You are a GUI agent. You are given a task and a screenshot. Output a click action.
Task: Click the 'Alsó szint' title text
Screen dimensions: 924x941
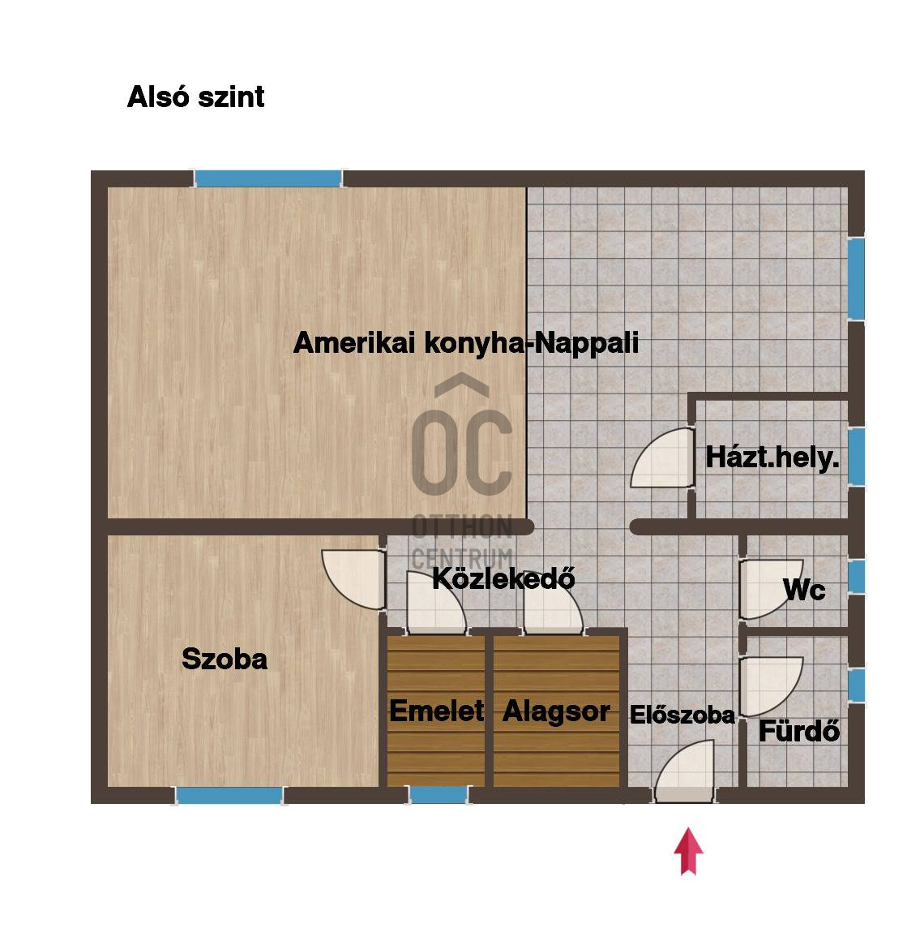coord(195,97)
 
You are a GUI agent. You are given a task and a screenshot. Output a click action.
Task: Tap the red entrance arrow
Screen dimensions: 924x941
coord(688,851)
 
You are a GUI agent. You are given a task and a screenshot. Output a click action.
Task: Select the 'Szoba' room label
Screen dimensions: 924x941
coord(225,659)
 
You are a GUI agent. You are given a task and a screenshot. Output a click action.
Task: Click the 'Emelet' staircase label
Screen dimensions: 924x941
coord(437,711)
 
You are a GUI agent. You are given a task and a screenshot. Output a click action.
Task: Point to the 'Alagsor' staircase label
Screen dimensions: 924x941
coord(556,711)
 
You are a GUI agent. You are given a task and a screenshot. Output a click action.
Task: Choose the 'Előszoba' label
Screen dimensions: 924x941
coord(682,715)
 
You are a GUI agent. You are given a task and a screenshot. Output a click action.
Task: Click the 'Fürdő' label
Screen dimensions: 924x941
coord(799,731)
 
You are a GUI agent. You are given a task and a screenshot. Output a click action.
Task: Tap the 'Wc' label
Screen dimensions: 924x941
coord(804,590)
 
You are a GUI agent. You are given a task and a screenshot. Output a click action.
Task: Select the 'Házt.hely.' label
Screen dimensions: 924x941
coord(772,458)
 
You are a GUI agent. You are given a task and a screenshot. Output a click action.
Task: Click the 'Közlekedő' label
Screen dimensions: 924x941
coord(503,578)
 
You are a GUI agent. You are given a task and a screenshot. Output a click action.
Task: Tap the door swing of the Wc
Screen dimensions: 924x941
coord(771,589)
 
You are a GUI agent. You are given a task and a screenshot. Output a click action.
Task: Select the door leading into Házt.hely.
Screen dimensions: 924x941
coord(662,458)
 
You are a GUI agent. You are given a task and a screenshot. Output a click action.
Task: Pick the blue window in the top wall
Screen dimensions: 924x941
coord(268,178)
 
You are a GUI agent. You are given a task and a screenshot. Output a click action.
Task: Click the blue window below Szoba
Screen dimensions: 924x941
coord(229,796)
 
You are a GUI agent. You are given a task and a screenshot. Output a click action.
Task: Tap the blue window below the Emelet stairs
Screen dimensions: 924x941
coord(438,795)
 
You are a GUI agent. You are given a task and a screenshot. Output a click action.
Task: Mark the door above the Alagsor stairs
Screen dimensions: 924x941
coord(553,603)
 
